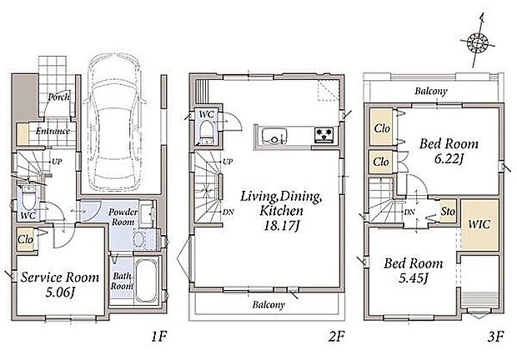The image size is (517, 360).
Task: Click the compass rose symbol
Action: (478, 42)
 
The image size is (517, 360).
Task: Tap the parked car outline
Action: (113, 122)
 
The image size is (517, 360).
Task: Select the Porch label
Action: (58, 97)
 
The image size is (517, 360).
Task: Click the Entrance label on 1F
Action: (53, 131)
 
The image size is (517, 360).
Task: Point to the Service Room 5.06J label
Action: (60, 284)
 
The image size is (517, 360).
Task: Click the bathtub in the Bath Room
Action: (147, 280)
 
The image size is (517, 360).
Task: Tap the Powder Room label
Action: (123, 217)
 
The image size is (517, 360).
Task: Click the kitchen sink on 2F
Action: (274, 135)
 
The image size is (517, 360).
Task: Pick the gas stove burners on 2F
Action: (324, 135)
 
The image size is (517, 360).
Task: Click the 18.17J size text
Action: (282, 226)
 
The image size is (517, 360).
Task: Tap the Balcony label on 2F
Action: (269, 305)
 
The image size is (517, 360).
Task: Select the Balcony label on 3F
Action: (431, 91)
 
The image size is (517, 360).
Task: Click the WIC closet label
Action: (479, 225)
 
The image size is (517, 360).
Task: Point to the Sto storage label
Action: (448, 211)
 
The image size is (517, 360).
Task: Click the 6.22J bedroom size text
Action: (449, 159)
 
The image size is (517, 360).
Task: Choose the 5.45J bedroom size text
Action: (413, 278)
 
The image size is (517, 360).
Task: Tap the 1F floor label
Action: (158, 337)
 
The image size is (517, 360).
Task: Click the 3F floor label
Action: (495, 337)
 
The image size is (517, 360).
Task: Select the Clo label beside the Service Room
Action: (25, 239)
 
